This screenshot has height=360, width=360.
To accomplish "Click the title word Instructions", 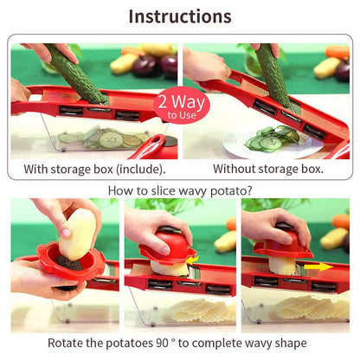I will coord(180,16).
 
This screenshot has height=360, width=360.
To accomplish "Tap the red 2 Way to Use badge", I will coord(176,106).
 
